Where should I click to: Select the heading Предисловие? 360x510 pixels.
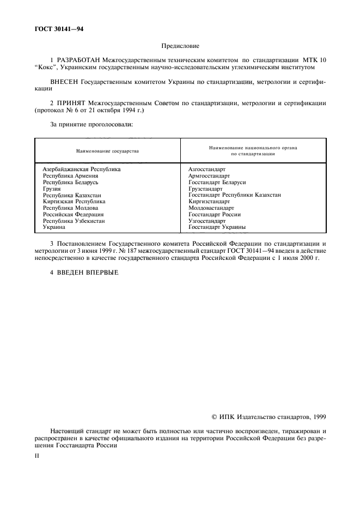point(180,46)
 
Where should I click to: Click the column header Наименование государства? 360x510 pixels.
point(107,151)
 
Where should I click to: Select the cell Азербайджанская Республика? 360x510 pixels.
point(81,169)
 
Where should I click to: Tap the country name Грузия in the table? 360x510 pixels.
point(52,189)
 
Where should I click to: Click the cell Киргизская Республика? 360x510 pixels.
point(74,202)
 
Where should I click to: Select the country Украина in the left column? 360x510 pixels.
point(54,227)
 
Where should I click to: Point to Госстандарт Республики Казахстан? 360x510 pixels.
point(234,195)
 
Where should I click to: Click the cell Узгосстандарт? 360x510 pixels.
point(207,221)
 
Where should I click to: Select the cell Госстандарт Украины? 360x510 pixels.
point(216,227)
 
